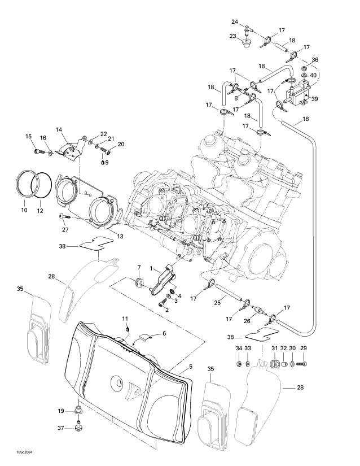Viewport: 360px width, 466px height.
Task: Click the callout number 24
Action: coord(235,21)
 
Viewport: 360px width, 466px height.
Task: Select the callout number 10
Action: coord(24,210)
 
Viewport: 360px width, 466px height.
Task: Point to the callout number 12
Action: coord(39,210)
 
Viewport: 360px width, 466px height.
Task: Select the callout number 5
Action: coord(191,367)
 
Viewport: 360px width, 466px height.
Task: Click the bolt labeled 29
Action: coord(301,364)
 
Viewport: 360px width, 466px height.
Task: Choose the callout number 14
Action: coord(59,130)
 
